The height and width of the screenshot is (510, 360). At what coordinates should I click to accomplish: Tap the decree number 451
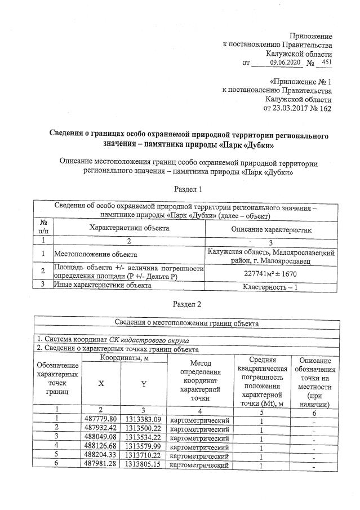(325, 62)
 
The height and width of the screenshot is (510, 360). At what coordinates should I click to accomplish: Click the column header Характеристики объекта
(128, 229)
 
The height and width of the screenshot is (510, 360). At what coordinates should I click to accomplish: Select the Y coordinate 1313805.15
(143, 465)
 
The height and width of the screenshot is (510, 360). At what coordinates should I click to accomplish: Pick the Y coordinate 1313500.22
(143, 428)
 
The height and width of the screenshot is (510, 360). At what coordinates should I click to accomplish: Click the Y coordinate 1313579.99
(143, 446)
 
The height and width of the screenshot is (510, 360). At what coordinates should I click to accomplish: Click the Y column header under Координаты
(143, 383)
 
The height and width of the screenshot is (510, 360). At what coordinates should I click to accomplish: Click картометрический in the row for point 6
(199, 465)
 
